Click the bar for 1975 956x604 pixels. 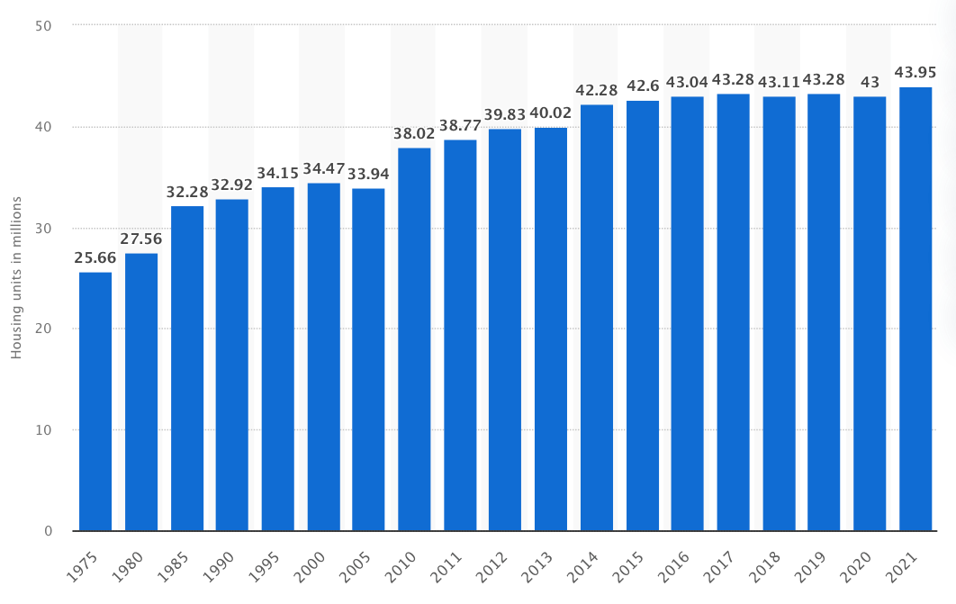coord(95,401)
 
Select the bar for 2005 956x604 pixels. coord(368,359)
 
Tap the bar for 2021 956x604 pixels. coord(915,309)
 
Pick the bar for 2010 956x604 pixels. coord(414,339)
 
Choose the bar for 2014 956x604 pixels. coord(597,318)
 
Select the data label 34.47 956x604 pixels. coord(324,169)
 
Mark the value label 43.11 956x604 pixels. coord(779,82)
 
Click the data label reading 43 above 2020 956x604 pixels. coord(870,82)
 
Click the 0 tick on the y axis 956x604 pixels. coord(48,531)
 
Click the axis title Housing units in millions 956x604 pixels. coord(16,277)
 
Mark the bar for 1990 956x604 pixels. coord(232,365)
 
